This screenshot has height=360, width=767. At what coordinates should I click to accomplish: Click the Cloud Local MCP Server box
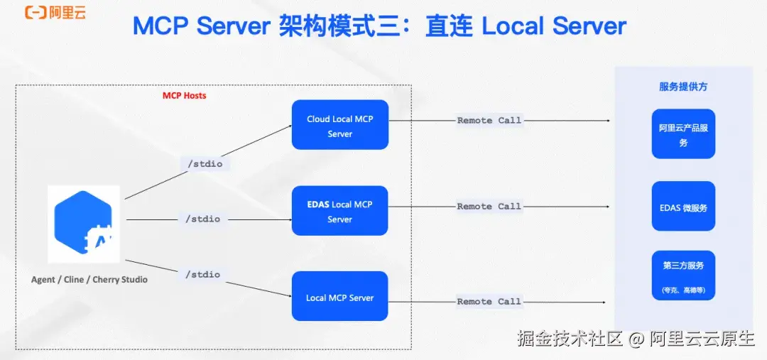tap(339, 125)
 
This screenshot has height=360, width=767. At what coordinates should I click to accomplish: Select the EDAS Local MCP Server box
tap(339, 211)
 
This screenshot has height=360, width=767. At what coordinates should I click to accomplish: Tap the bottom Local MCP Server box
tap(339, 297)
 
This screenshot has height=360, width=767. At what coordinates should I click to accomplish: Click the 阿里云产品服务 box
tap(683, 134)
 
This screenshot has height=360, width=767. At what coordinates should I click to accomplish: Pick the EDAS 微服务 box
tap(683, 207)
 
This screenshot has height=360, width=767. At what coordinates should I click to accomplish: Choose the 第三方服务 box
tap(683, 275)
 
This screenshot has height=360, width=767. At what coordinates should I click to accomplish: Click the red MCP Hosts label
tap(184, 95)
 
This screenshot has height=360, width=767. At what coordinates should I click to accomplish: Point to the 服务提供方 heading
tap(683, 87)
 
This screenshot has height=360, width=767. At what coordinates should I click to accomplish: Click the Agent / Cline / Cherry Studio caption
tap(89, 280)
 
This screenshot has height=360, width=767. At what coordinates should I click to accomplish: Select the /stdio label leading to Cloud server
tap(205, 164)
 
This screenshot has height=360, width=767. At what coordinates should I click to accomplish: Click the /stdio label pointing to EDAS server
tap(202, 219)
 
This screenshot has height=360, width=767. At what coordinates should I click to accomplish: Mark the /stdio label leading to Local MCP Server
tap(202, 274)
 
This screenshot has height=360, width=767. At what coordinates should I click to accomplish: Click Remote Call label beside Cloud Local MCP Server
tap(489, 121)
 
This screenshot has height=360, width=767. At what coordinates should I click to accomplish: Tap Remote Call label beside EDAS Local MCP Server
tap(489, 207)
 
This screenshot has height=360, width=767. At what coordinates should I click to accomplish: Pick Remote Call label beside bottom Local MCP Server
tap(489, 302)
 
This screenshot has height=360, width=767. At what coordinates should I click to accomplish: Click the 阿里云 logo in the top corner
tap(55, 13)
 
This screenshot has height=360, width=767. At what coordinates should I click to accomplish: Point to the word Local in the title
tap(513, 27)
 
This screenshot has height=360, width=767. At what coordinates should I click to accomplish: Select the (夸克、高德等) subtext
tap(683, 290)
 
